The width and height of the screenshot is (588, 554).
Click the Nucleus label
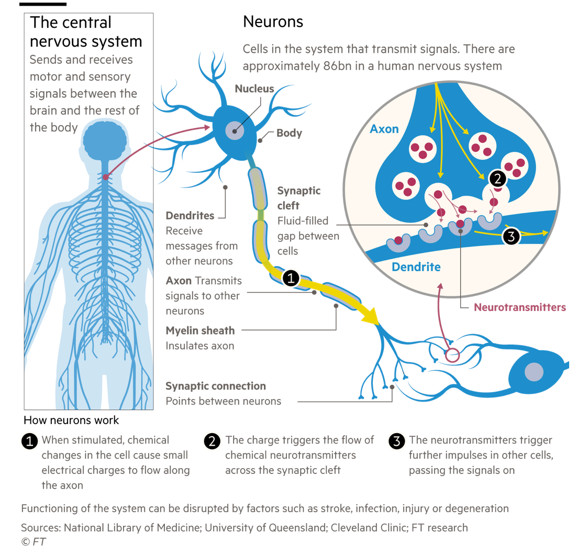(254, 88)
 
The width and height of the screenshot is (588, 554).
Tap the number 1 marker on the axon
(291, 279)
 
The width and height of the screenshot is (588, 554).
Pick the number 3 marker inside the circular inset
(511, 236)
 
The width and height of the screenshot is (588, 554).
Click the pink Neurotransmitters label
(519, 307)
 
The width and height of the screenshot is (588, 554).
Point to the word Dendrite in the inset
(416, 267)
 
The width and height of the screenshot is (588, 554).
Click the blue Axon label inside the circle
(384, 129)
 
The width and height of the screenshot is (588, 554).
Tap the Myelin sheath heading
(200, 330)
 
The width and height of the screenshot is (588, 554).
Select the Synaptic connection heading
(216, 386)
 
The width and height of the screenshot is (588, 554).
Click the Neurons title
(273, 22)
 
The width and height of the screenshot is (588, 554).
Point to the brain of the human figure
(105, 140)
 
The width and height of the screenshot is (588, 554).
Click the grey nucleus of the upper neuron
(234, 130)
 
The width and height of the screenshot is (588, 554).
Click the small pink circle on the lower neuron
(451, 356)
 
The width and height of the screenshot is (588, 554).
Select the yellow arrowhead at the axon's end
(372, 318)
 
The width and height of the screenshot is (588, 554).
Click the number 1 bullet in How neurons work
(30, 441)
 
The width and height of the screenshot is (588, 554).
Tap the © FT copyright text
(32, 541)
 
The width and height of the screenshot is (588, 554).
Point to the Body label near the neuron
(289, 133)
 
